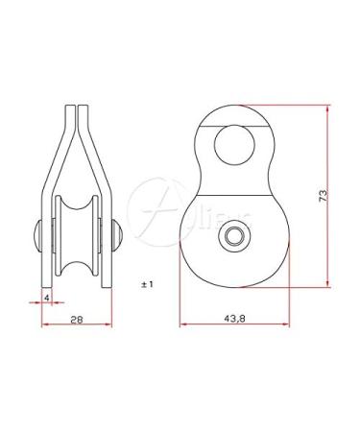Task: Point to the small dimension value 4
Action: click(x=46, y=297)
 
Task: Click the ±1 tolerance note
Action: click(x=147, y=285)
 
